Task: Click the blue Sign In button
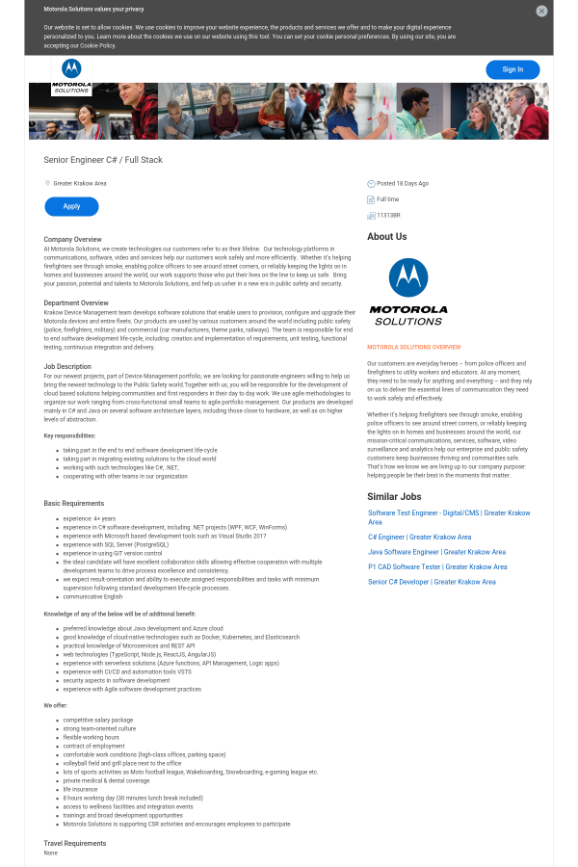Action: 512,69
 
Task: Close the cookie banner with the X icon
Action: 541,11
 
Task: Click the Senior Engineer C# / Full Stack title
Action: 103,159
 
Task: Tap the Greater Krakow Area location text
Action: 79,183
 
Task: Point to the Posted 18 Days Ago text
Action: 402,183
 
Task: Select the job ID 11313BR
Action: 388,215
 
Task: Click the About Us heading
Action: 386,236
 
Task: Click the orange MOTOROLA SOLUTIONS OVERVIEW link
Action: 413,347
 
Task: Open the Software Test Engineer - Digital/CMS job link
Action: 448,513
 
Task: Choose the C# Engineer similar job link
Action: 419,537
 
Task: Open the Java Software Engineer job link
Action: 436,552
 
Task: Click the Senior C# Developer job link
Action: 432,582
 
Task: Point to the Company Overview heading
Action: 72,239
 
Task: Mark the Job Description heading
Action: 67,366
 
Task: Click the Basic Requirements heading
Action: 73,503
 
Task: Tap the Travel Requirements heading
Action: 75,843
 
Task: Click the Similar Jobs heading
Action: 394,496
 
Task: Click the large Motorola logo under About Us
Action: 408,291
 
